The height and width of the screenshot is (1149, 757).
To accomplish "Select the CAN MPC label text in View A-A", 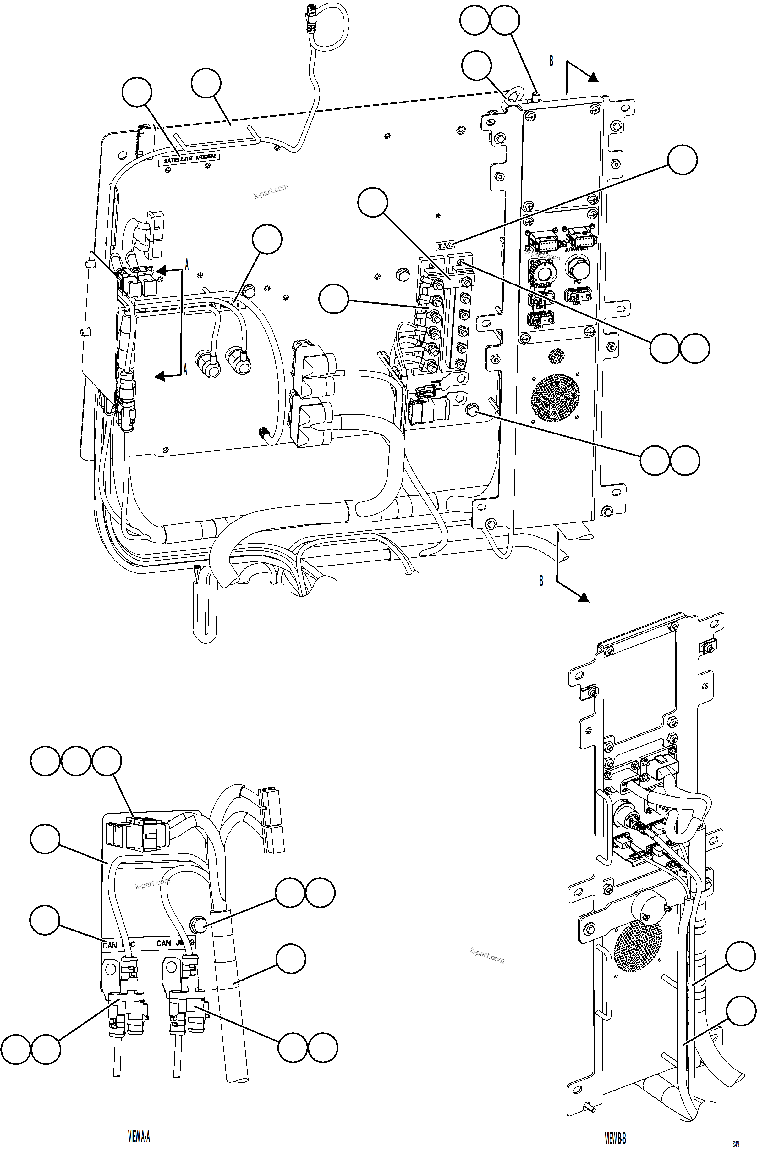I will (x=118, y=944).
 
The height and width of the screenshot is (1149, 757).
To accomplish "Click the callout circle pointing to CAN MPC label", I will (x=45, y=920).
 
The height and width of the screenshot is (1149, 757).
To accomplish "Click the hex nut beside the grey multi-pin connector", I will (x=470, y=410).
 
